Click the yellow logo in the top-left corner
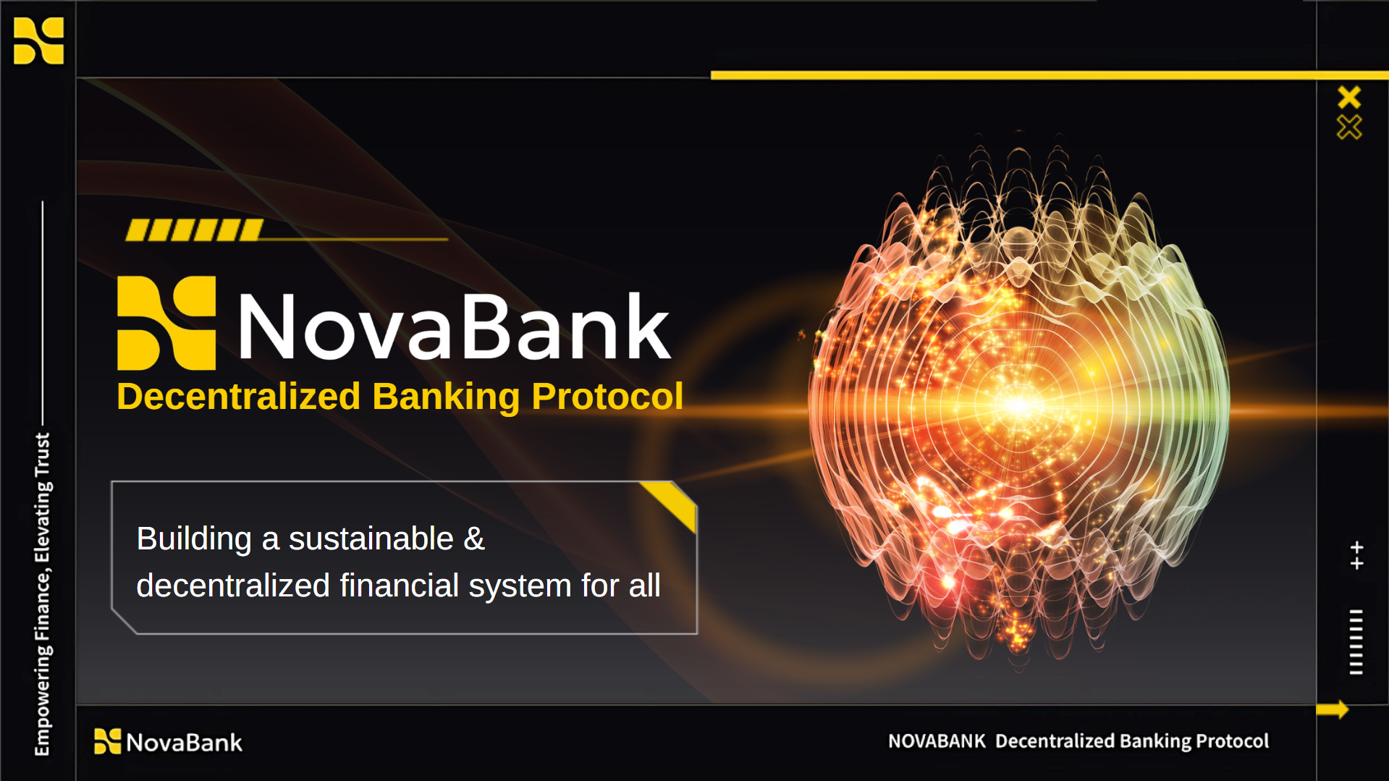(39, 41)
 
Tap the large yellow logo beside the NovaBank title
(166, 323)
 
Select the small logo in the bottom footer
(108, 741)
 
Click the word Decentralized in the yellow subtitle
(239, 397)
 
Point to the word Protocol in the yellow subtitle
(607, 397)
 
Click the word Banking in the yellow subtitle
(446, 397)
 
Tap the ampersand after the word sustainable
(474, 539)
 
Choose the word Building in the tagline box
(194, 539)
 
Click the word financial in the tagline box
(400, 585)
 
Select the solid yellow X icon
(1349, 97)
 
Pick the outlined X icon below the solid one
(1349, 127)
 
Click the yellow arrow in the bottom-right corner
(1333, 709)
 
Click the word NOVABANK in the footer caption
(937, 741)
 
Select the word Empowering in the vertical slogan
(43, 700)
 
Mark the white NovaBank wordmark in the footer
(185, 743)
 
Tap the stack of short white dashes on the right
(1356, 642)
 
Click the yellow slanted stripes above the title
(194, 230)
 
